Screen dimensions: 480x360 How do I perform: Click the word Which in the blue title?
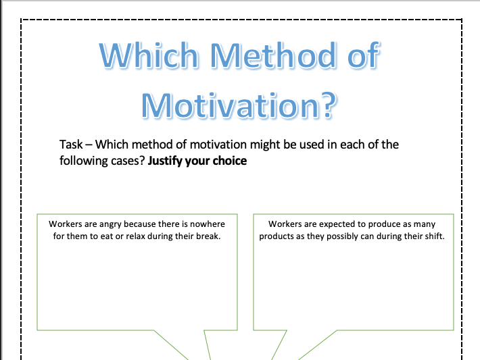pos(149,55)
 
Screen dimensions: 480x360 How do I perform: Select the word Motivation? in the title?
pos(239,105)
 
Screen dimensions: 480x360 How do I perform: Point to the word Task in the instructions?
pos(71,145)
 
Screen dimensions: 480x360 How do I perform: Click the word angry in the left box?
pos(110,224)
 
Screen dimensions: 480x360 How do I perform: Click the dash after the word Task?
pos(89,145)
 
